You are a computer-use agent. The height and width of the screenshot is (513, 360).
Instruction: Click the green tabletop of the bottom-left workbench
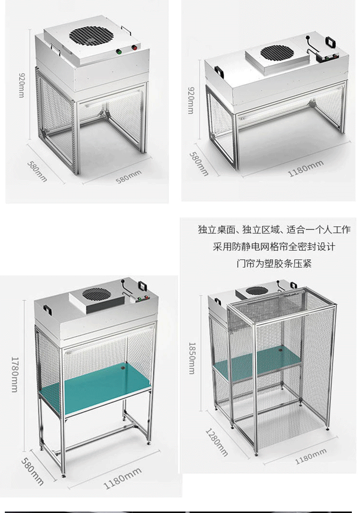point(96,384)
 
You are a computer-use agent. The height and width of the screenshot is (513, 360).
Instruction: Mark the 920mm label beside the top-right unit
point(191,100)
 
